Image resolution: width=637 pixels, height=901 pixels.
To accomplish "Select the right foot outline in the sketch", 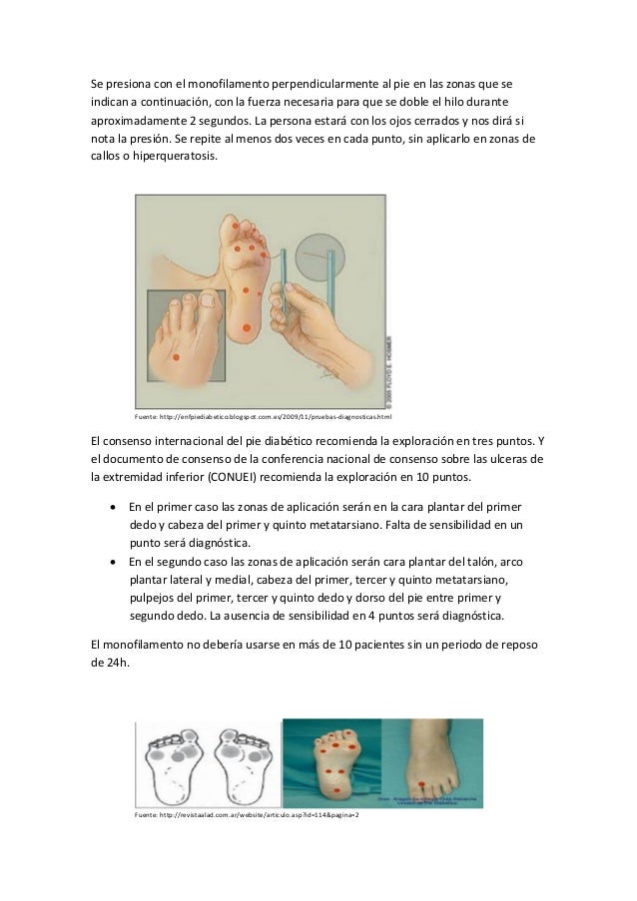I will [243, 764].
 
